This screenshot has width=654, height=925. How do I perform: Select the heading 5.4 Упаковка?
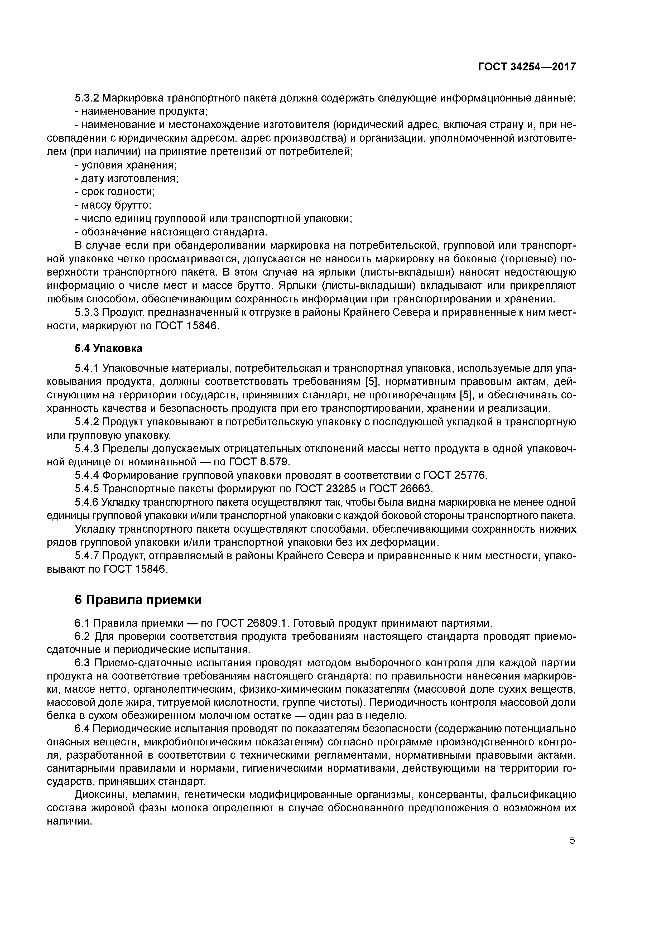(x=108, y=348)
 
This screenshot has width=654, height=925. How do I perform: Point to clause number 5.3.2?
(x=87, y=98)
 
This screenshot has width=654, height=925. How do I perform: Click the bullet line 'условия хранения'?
(x=126, y=165)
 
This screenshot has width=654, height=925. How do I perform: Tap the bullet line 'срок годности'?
(x=115, y=192)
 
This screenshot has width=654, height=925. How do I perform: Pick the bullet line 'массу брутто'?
(x=113, y=205)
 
